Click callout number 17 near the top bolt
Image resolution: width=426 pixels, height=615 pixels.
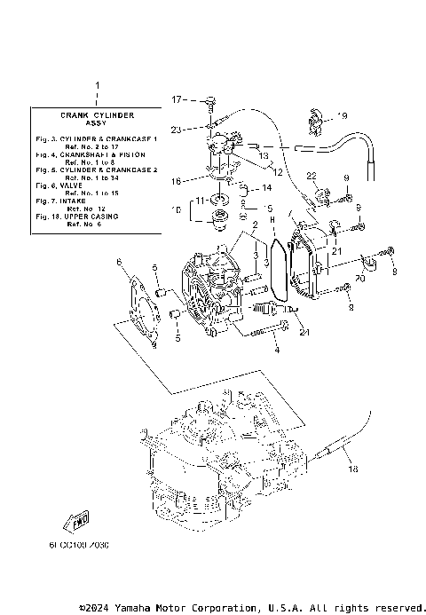176,99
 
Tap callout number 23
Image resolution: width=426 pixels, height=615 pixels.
176,130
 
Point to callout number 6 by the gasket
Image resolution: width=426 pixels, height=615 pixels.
118,263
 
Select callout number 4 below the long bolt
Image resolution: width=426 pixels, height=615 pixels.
276,351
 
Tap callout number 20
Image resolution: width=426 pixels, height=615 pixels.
359,279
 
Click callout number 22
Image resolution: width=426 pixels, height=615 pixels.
312,175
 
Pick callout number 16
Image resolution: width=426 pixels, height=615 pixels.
176,180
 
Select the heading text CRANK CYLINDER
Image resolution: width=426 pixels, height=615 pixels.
97,115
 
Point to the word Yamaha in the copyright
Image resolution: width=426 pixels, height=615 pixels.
138,607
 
